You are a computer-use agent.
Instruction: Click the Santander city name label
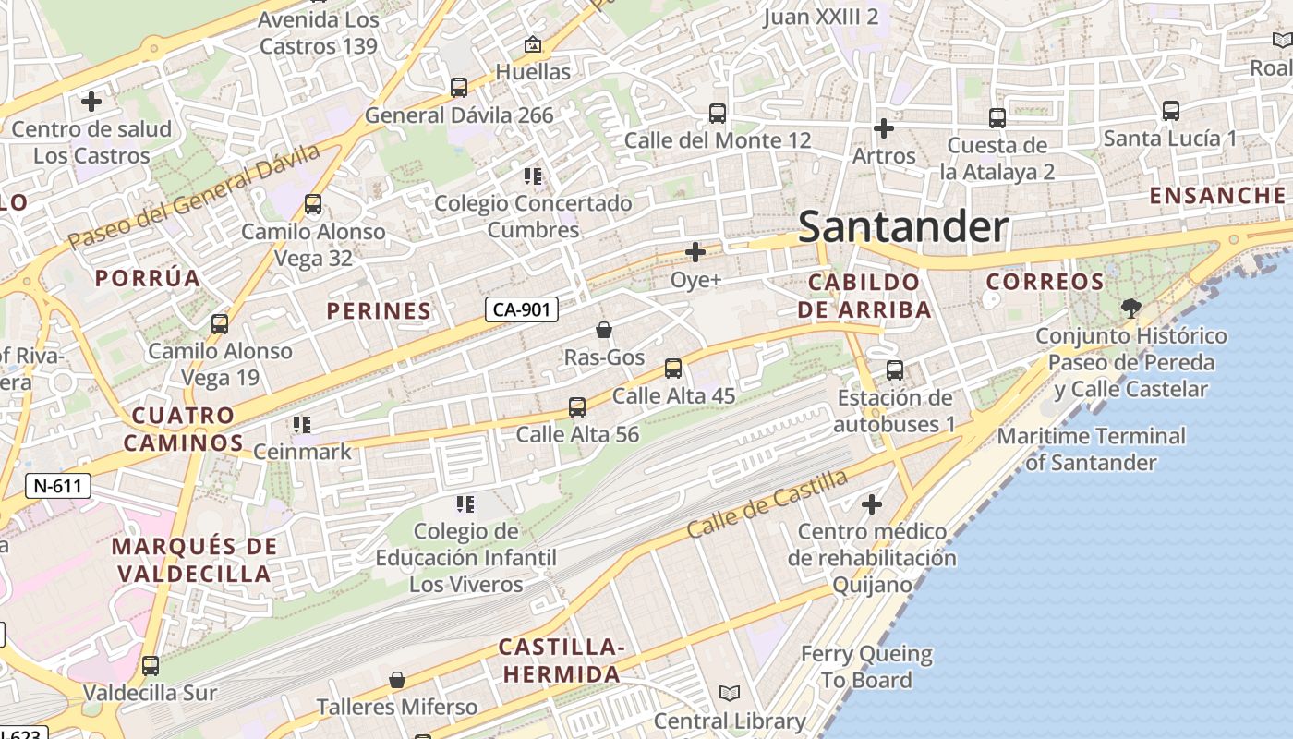902,226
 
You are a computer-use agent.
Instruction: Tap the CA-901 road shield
522,309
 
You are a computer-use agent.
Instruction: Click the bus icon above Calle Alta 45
673,369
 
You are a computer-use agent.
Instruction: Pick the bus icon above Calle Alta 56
577,406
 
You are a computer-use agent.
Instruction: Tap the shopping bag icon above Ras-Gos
604,330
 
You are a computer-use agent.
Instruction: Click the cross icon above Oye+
695,252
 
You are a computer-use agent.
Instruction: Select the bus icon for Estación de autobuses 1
894,370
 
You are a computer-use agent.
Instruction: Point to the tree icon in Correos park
1130,308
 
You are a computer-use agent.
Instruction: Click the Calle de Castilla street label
767,504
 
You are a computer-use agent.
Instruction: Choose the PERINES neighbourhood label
379,311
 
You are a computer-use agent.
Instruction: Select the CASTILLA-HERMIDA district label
562,660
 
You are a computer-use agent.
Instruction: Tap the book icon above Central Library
730,693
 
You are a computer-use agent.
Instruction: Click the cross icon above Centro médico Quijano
871,504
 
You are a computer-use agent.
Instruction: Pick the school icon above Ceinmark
302,425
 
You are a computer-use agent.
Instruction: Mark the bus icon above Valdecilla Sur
150,665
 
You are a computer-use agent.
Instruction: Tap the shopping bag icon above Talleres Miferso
397,680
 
